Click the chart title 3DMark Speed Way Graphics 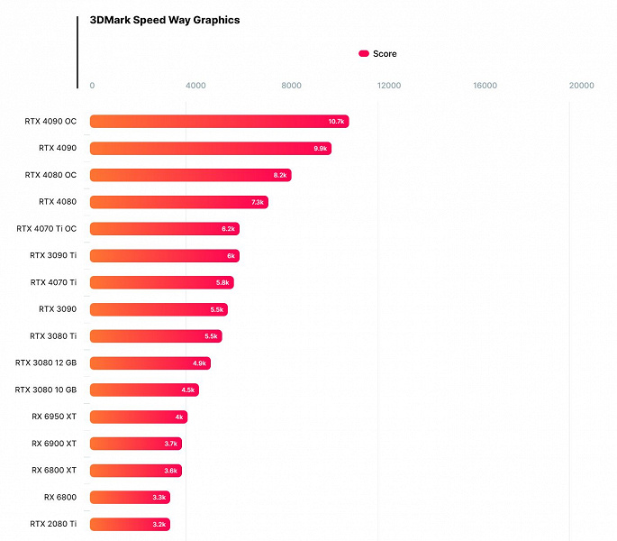pos(165,20)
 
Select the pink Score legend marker pos(364,54)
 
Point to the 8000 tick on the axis pos(291,86)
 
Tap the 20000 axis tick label pos(581,86)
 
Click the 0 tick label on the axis pos(92,86)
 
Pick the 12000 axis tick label pos(388,86)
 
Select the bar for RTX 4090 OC pos(219,122)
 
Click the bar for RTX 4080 pos(178,202)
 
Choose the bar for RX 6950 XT pos(138,417)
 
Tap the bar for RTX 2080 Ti pos(130,524)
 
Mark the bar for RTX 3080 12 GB pos(150,363)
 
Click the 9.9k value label pos(321,149)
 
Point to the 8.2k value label pos(280,175)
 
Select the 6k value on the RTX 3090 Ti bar pos(231,256)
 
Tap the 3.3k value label pos(159,497)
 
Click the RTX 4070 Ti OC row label pos(46,229)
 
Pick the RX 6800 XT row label pos(54,470)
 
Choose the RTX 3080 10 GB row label pos(46,390)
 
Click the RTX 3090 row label pos(58,309)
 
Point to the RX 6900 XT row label pos(54,444)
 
